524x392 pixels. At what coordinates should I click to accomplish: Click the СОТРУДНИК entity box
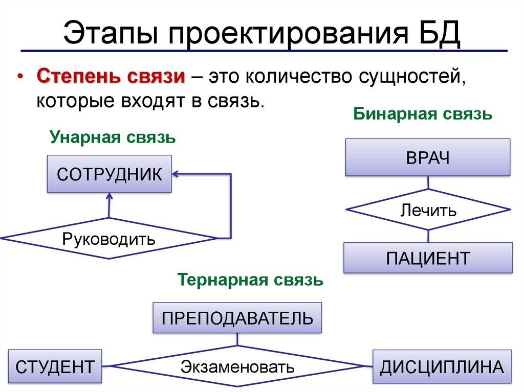click(110, 174)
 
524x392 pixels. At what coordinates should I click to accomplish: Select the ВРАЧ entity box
click(428, 157)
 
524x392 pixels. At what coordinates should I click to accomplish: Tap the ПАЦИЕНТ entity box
click(428, 258)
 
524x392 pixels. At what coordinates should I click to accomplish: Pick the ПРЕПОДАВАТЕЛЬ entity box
click(237, 318)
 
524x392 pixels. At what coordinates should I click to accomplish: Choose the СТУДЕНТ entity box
click(55, 366)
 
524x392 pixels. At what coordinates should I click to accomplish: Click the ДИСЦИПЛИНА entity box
click(442, 366)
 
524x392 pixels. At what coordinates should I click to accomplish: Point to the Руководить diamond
click(109, 238)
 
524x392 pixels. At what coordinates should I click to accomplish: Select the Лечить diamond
click(428, 210)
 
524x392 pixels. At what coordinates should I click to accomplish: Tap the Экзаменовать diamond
click(237, 366)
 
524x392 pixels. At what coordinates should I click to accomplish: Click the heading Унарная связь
click(113, 137)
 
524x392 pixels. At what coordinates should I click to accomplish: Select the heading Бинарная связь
click(423, 114)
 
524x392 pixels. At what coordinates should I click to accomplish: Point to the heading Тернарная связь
click(250, 280)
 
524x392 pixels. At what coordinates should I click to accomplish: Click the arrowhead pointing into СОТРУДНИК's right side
click(176, 174)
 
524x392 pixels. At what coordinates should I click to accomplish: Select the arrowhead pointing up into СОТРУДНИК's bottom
click(109, 197)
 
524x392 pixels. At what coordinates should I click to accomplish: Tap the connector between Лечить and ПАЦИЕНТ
click(428, 236)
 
